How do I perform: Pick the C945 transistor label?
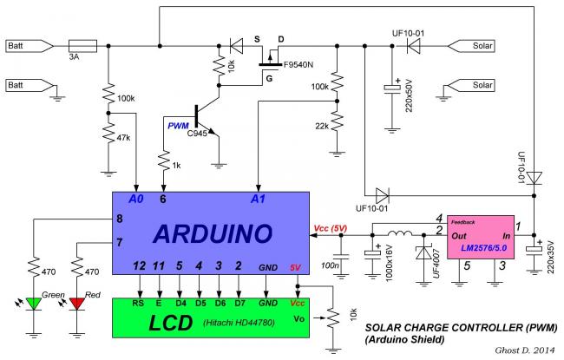tap(202, 130)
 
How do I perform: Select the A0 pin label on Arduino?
tap(134, 199)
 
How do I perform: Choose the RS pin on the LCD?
tap(138, 304)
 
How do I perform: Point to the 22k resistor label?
tap(321, 127)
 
